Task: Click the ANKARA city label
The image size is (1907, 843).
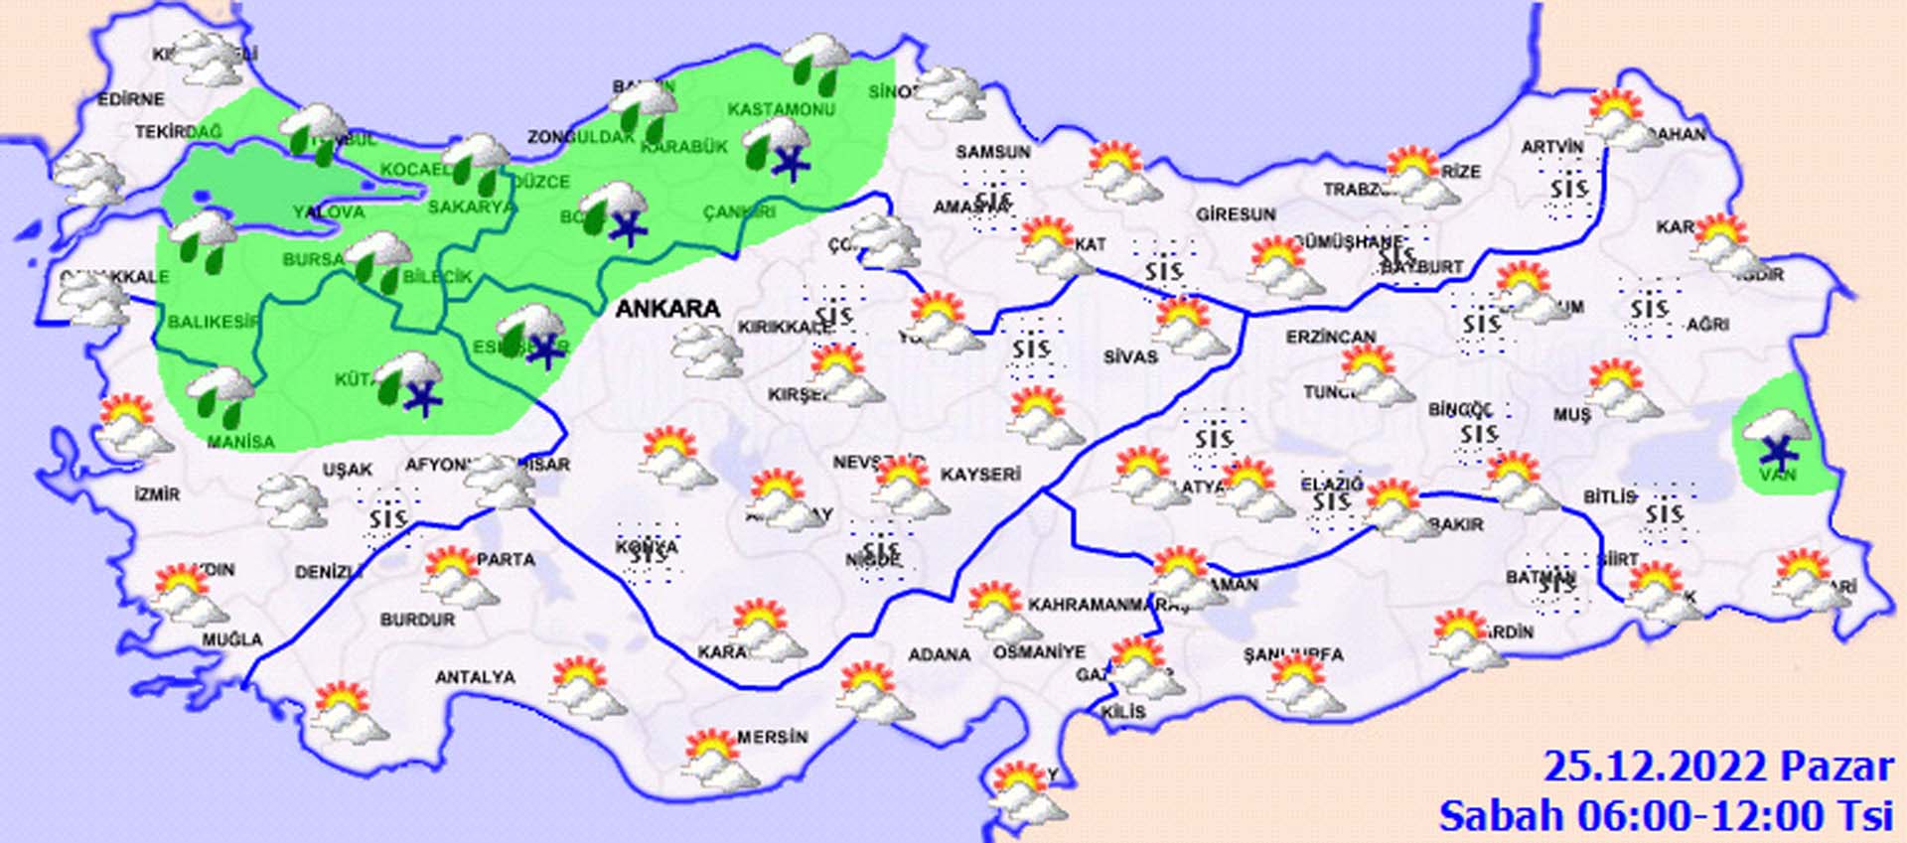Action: tap(667, 309)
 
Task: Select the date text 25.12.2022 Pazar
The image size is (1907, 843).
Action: tap(1718, 767)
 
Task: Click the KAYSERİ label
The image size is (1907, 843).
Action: tap(980, 475)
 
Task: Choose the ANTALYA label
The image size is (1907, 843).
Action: tap(475, 677)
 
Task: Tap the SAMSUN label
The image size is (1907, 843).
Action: tap(992, 152)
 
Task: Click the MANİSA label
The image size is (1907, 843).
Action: tap(240, 442)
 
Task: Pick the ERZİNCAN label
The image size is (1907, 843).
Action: tap(1331, 338)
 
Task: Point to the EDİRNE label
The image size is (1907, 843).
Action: tap(130, 99)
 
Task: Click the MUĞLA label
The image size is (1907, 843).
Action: tap(232, 639)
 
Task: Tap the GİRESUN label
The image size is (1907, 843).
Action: tap(1236, 214)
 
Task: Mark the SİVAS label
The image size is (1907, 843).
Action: tap(1130, 356)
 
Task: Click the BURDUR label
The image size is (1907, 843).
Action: tap(417, 620)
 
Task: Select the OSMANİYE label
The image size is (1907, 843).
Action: tap(1039, 652)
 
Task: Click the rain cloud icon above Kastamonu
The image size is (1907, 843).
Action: tap(816, 62)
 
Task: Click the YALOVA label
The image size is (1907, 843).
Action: tap(329, 211)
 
